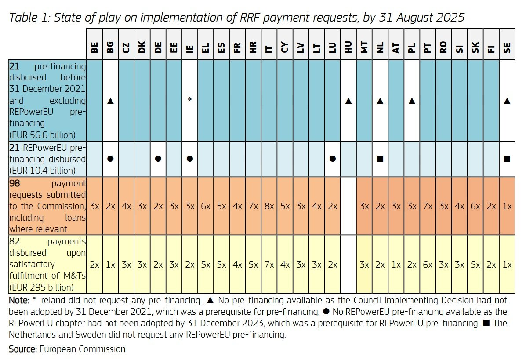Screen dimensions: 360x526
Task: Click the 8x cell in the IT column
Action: point(269,206)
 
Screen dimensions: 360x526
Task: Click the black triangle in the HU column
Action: point(348,101)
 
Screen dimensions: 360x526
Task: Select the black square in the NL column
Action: point(381,159)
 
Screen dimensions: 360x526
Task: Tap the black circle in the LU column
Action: point(333,159)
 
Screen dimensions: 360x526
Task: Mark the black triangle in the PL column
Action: point(412,101)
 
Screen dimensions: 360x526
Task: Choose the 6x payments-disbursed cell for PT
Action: point(428,264)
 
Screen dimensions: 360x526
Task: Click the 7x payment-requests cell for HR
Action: point(253,206)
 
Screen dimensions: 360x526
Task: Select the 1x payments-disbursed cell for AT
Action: point(396,264)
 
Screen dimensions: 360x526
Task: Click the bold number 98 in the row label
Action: point(14,183)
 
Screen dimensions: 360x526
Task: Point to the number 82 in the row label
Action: point(14,241)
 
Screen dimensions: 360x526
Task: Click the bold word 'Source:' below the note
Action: point(23,349)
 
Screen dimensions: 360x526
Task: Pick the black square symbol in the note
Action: point(487,323)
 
